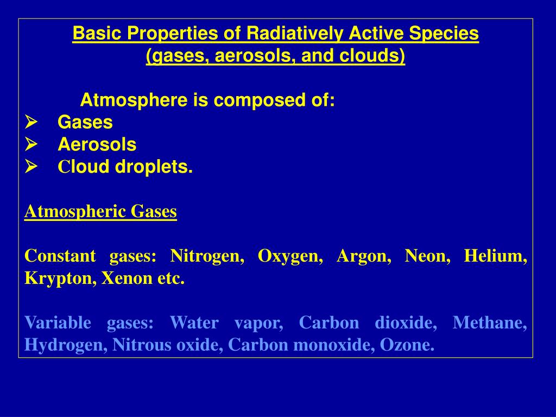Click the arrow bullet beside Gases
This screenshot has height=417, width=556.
point(31,122)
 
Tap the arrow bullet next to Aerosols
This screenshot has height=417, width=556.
point(31,144)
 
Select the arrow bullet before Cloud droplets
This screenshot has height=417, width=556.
point(31,166)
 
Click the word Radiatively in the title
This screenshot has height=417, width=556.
point(295,33)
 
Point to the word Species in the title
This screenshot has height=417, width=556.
point(444,33)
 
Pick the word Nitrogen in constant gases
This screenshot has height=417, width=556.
point(207,256)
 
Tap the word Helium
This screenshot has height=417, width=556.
point(495,256)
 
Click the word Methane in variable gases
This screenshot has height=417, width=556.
point(490,323)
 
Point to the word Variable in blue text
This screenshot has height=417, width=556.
point(58,323)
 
